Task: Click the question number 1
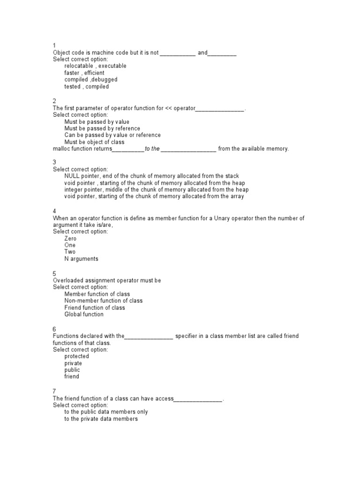(x=54, y=45)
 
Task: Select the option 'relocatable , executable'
(x=95, y=66)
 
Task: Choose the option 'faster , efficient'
(x=84, y=73)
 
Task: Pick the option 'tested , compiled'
(x=86, y=87)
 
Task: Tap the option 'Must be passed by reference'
(x=102, y=128)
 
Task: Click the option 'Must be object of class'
(x=94, y=142)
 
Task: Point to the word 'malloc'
(x=61, y=149)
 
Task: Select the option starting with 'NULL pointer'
(x=151, y=176)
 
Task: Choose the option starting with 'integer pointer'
(x=157, y=190)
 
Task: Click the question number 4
(x=54, y=211)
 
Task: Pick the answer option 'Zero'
(x=70, y=239)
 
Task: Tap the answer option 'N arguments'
(x=81, y=259)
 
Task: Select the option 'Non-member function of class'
(x=104, y=300)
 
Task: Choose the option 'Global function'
(x=84, y=315)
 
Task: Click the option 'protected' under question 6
(x=76, y=356)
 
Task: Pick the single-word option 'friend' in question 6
(x=72, y=376)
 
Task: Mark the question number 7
(x=54, y=391)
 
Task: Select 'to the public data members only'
(x=106, y=412)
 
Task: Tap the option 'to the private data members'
(x=101, y=419)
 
